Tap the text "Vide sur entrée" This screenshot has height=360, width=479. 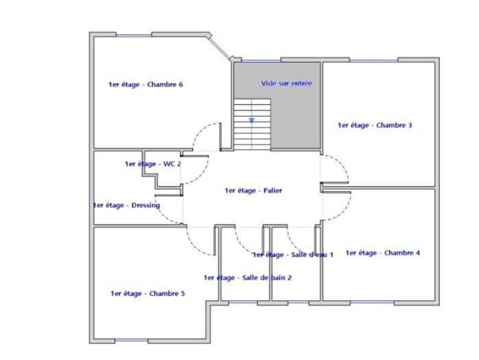click(286, 84)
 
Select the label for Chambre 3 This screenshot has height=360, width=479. click(375, 125)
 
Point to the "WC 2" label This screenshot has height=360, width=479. click(152, 164)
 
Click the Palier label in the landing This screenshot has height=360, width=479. click(253, 191)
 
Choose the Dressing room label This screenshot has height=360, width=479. click(126, 205)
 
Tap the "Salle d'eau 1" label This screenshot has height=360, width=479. click(292, 254)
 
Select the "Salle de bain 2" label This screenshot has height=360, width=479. click(248, 278)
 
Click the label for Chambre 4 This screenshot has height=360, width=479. click(383, 253)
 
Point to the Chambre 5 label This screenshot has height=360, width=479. click(148, 293)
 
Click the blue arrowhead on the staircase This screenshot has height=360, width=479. click(252, 120)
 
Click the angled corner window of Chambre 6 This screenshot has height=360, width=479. click(220, 46)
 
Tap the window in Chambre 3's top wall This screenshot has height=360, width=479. click(375, 61)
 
